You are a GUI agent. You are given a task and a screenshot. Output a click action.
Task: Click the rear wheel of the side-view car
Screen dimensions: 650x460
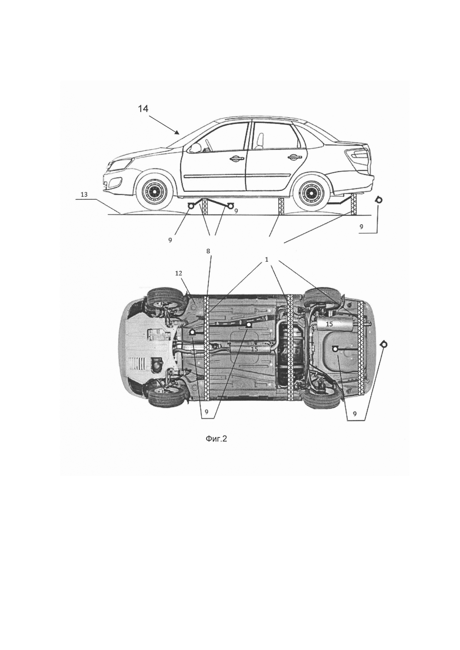[311, 193]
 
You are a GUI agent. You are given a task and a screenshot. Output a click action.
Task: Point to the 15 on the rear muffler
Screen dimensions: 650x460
[329, 324]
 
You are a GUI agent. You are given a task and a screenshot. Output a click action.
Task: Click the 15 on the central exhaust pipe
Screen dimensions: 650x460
[254, 349]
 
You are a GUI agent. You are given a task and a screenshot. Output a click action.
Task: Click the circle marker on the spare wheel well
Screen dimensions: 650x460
[335, 349]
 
